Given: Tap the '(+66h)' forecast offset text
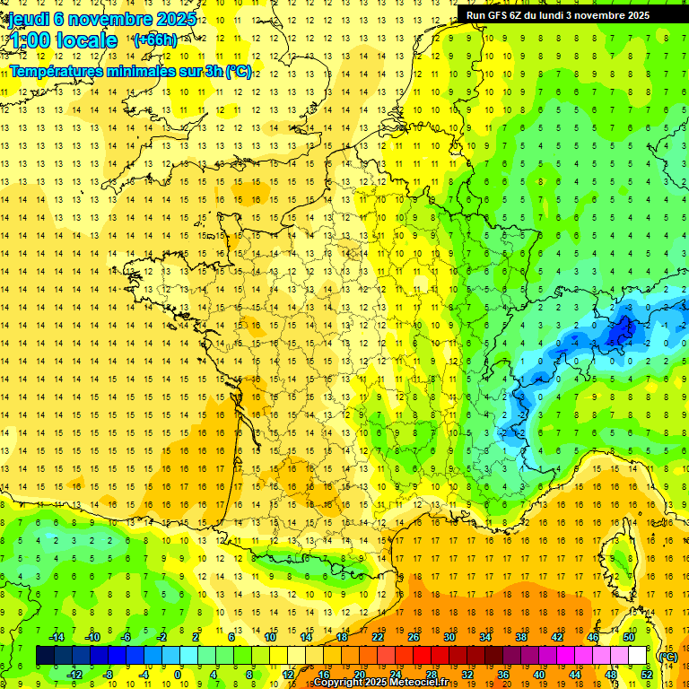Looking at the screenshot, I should [154, 40].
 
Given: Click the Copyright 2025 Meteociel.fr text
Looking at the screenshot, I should [380, 683].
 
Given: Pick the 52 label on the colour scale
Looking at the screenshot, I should [647, 675].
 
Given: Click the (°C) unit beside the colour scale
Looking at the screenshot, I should [667, 657].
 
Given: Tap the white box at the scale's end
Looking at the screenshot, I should [638, 656].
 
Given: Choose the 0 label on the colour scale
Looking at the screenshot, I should [178, 675].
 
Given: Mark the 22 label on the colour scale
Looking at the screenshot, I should [378, 637].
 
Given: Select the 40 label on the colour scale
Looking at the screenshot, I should [539, 675].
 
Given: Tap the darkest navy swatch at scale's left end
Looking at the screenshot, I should [45, 656].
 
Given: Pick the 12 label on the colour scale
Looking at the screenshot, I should [287, 675].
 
